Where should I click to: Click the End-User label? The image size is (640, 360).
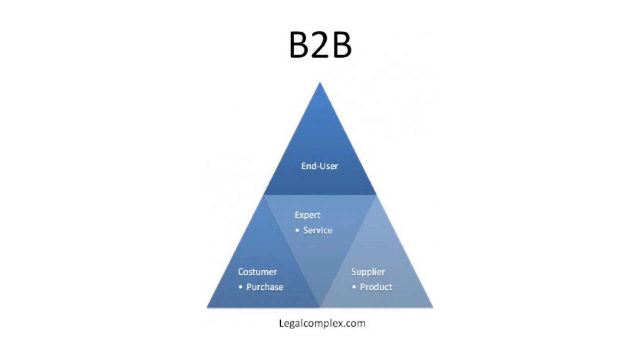320,166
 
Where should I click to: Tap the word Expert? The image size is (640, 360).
307,215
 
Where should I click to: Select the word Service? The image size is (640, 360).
318,230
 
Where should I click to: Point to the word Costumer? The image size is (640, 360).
257,272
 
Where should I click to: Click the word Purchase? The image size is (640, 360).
265,287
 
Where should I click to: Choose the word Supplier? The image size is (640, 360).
368,272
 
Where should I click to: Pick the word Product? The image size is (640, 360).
376,287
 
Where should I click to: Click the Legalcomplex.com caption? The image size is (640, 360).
322,323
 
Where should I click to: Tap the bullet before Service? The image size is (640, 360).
297,230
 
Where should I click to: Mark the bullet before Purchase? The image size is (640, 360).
240,287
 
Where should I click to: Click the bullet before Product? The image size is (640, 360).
354,287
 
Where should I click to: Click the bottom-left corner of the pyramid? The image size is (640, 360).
207,307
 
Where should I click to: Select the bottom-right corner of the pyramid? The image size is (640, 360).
433,307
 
